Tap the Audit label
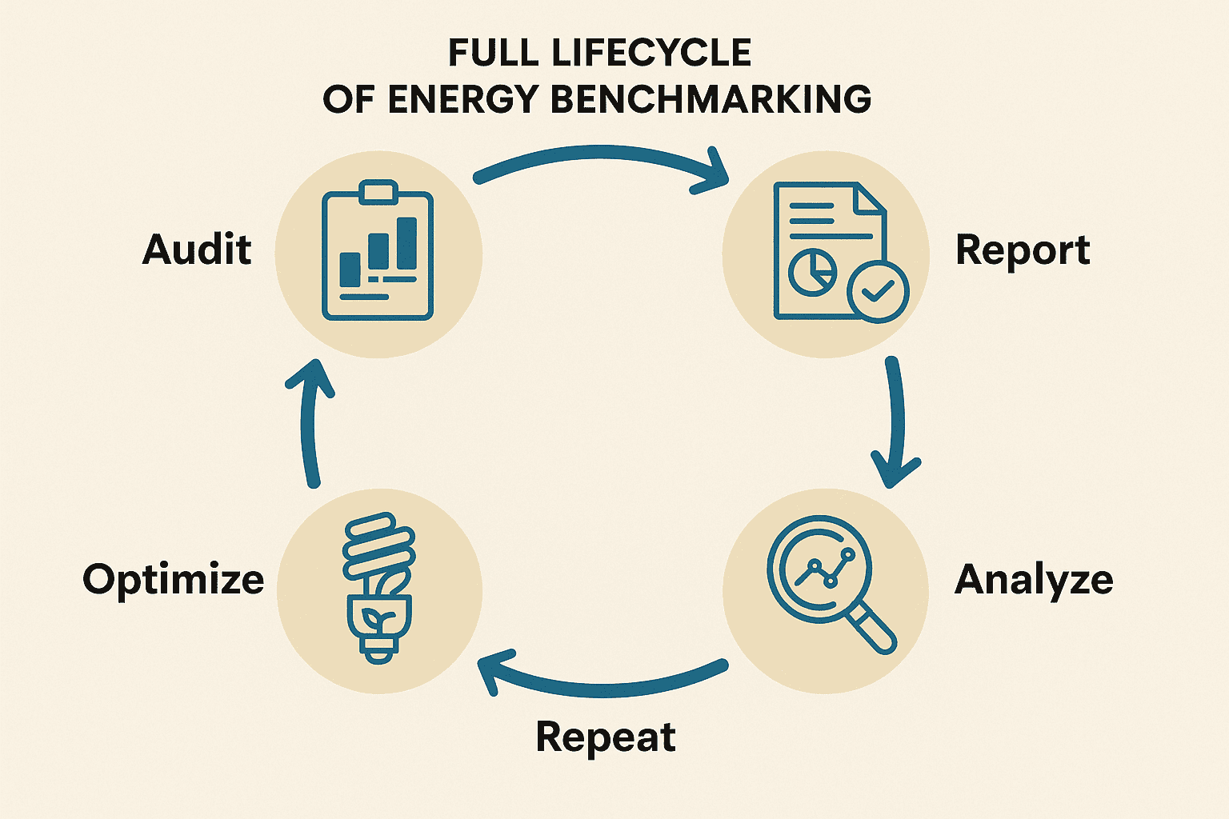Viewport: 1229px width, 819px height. (x=197, y=250)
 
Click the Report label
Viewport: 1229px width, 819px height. (x=1023, y=250)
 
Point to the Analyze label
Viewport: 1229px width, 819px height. (x=1034, y=580)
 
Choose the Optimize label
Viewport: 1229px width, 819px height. (x=174, y=579)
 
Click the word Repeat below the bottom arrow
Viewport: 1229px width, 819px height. (x=606, y=737)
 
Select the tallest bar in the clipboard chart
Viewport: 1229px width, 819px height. (x=407, y=243)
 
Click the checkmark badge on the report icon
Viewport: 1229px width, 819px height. (x=878, y=292)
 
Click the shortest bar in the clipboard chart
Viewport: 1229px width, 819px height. (x=350, y=269)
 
